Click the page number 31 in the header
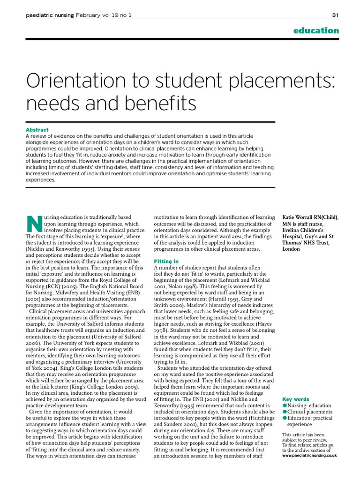tap(335, 15)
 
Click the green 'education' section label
tap(315, 30)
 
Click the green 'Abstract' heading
tap(37, 130)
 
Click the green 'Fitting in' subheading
tap(166, 261)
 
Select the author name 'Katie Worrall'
tap(300, 217)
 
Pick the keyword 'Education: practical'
tap(310, 418)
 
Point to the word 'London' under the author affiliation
tap(291, 249)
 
